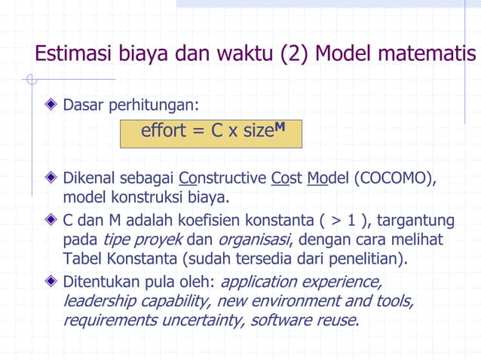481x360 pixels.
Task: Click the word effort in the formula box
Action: (x=163, y=131)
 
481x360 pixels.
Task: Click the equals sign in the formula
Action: (x=198, y=132)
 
